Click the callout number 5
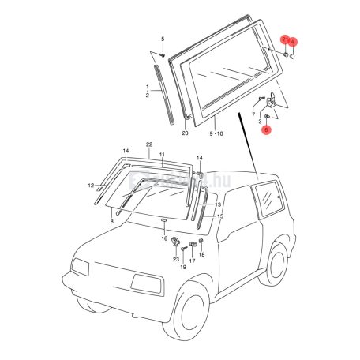pos(163,39)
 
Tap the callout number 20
pos(185,133)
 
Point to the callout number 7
pos(254,114)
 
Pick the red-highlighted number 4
pos(294,41)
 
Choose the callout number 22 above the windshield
pos(148,144)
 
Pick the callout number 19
pos(182,267)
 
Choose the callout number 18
pos(202,255)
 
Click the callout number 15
pos(220,216)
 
